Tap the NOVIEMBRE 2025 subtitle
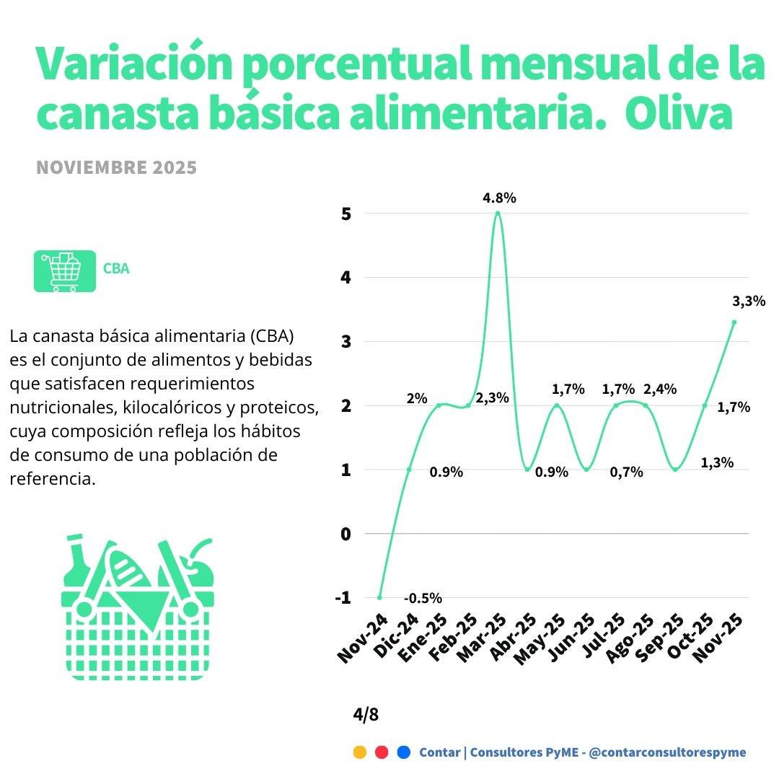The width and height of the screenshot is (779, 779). (116, 168)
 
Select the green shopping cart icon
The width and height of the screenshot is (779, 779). (64, 271)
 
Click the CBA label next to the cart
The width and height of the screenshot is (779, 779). (116, 269)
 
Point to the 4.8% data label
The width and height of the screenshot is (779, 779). (499, 198)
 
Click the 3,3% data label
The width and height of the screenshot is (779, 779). (748, 302)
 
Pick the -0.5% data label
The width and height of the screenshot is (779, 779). (423, 598)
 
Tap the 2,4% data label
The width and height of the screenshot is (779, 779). (659, 389)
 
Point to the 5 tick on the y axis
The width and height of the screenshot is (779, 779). (346, 214)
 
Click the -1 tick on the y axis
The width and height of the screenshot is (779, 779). (343, 597)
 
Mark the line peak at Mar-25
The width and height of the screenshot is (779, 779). (498, 213)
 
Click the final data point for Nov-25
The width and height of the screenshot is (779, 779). (734, 322)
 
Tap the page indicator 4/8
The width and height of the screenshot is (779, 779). (366, 715)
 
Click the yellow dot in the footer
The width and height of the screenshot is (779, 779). (359, 752)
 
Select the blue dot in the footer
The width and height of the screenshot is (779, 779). (404, 752)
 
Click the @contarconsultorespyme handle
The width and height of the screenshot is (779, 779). (667, 752)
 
